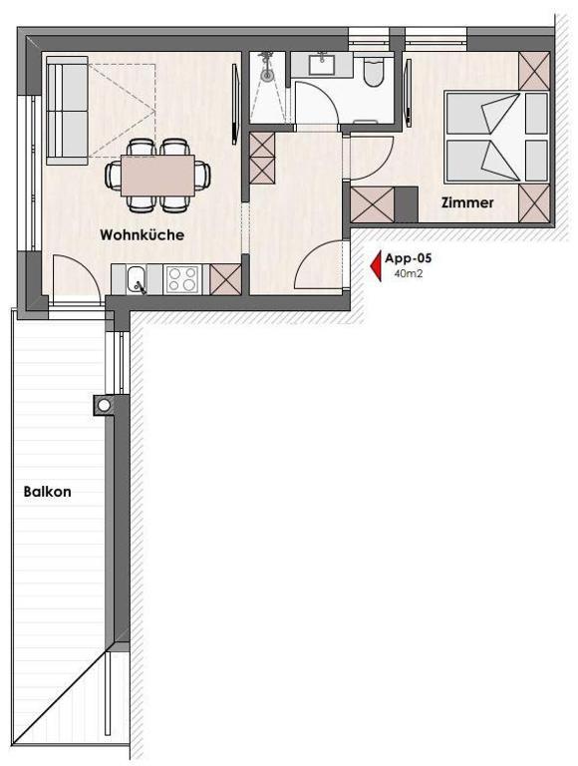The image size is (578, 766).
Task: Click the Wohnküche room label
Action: [x=142, y=234]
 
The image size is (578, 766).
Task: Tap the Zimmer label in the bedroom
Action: [x=467, y=202]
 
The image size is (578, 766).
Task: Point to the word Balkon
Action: [x=48, y=491]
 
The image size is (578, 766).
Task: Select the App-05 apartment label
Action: [x=409, y=258]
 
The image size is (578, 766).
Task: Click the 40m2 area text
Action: [x=409, y=273]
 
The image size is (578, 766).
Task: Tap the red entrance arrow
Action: [x=376, y=266]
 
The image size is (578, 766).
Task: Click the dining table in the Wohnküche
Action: [x=157, y=176]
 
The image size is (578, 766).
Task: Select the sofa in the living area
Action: [x=68, y=111]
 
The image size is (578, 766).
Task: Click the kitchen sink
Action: [x=137, y=280]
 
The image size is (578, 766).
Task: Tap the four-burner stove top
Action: [x=182, y=279]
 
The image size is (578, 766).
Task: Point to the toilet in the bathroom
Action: [x=375, y=72]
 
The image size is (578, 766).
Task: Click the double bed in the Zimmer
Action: [x=496, y=137]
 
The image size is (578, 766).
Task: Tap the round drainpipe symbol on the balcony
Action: [x=104, y=405]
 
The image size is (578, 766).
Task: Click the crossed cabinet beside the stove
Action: [x=225, y=279]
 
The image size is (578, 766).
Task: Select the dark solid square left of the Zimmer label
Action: [x=406, y=204]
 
